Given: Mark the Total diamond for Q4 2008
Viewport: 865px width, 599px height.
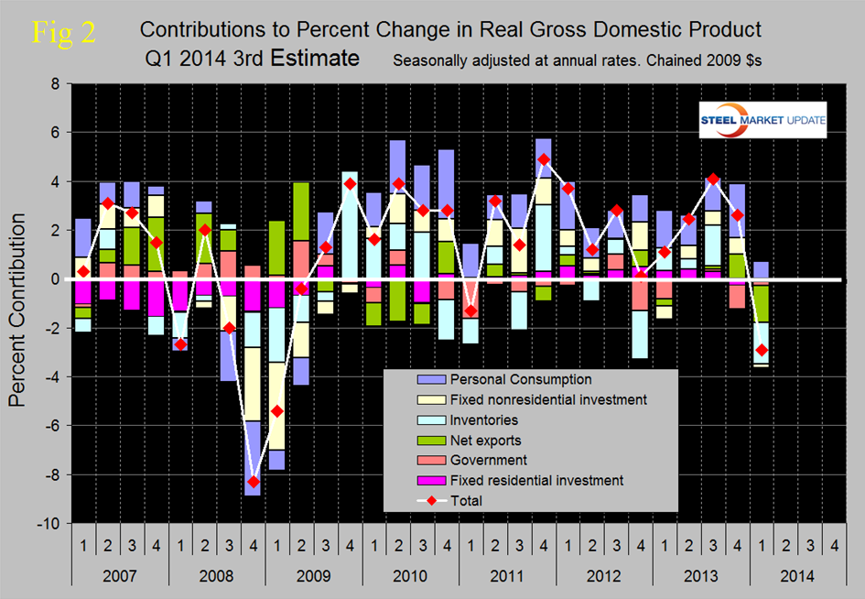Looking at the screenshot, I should point(253,482).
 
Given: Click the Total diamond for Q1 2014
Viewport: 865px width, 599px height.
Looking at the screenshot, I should point(760,350).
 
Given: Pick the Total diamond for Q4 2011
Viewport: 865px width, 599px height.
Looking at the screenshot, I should point(543,159).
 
